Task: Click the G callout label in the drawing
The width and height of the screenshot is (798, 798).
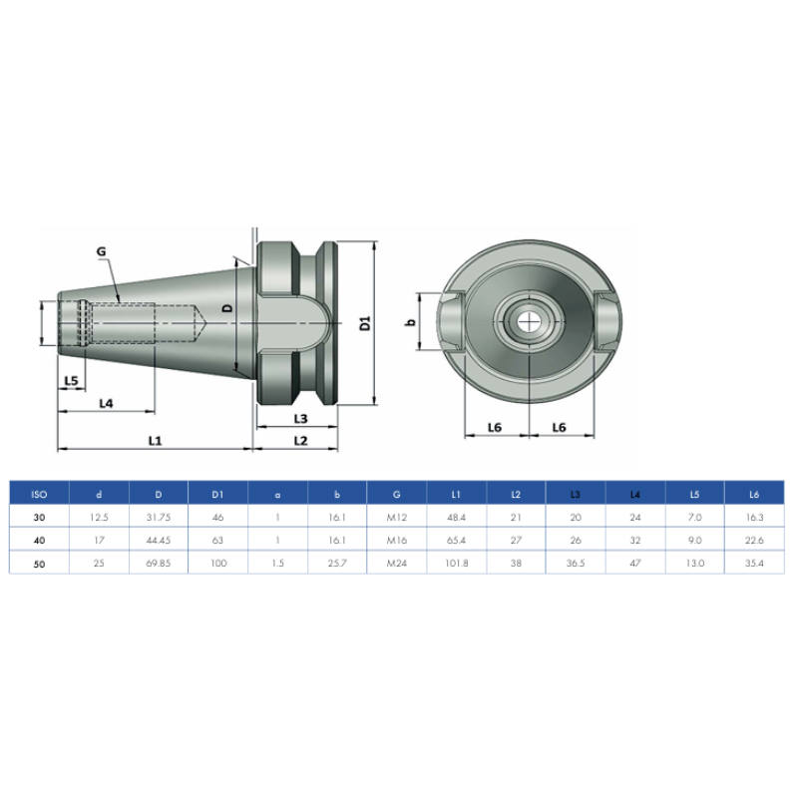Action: (x=101, y=253)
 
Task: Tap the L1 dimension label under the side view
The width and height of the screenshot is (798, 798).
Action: (x=156, y=439)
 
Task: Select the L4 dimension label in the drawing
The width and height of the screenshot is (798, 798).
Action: (x=106, y=402)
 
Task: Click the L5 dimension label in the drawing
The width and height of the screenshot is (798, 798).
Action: (x=70, y=381)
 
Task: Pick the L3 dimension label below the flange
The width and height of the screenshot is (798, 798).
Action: (x=299, y=418)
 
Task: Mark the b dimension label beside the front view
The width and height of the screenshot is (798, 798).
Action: (x=410, y=322)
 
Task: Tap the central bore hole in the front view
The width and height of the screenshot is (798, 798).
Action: (x=527, y=321)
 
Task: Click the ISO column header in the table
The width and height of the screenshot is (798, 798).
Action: (x=39, y=494)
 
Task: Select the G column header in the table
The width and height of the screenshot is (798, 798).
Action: (x=397, y=494)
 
